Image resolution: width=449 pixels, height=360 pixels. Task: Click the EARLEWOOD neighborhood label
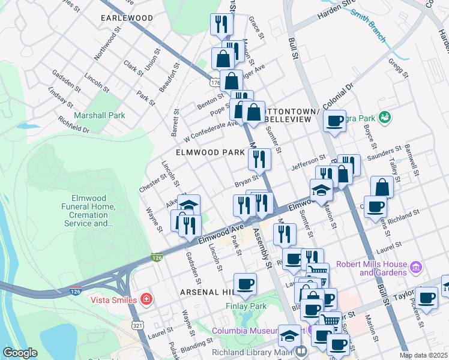127,18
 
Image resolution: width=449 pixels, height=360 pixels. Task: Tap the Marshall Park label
99,115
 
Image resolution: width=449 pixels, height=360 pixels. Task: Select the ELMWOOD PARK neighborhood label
210,153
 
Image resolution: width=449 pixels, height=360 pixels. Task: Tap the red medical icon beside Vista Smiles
145,299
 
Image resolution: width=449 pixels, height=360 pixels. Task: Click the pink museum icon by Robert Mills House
415,266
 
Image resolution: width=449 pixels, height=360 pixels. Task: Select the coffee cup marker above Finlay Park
244,284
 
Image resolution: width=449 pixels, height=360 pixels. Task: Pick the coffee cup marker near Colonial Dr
334,120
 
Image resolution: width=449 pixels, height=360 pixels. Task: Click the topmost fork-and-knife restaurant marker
221,24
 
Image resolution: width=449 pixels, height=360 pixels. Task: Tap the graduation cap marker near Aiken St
188,205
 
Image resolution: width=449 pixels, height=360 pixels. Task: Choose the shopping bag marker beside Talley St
382,187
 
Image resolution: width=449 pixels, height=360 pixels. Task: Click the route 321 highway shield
137,325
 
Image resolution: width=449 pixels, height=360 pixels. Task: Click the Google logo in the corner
20,352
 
